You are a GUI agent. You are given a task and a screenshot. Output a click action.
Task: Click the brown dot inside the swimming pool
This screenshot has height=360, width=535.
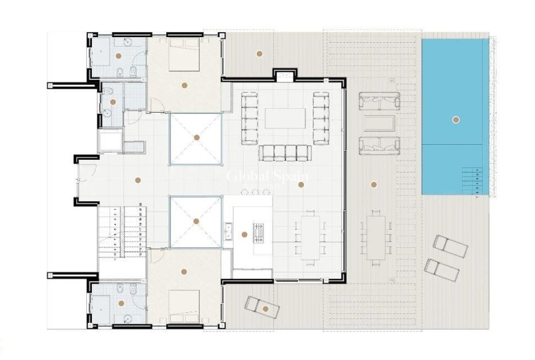point(456,120)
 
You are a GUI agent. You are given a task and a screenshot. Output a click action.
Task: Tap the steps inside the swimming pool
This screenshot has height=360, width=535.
point(474,182)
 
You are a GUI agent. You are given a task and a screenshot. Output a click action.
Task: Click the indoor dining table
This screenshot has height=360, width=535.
point(310,237)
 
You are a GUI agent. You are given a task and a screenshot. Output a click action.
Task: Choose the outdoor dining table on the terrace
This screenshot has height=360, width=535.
point(376,237)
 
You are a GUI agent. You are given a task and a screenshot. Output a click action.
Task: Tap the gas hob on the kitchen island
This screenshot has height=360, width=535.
point(258,232)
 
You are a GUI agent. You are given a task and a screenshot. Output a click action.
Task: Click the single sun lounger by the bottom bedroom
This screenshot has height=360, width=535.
point(261,307)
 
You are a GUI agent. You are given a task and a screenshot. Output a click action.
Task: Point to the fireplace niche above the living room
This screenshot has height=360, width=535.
point(284,76)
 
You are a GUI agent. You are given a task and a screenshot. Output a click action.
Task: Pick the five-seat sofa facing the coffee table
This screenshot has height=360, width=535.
point(285,152)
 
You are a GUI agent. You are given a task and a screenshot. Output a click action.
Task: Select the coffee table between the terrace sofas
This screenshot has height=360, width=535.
point(379,123)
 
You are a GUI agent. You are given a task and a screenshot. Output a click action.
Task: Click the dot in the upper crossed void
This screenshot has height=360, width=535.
point(196,137)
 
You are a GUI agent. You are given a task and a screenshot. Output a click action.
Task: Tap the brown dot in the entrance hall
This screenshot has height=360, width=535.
point(138,180)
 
